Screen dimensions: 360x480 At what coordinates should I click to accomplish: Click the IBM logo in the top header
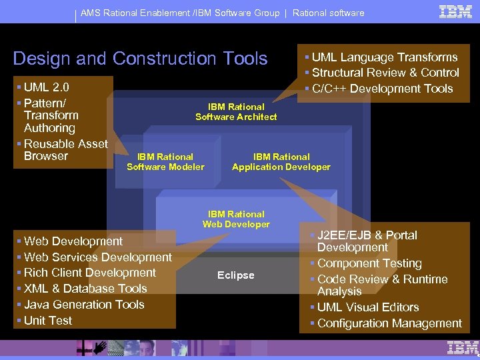click(456, 11)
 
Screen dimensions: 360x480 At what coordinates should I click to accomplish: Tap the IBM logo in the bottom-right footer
click(463, 348)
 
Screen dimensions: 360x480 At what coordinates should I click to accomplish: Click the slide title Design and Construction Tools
click(140, 59)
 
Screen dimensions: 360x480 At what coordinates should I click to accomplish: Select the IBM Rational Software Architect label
click(236, 112)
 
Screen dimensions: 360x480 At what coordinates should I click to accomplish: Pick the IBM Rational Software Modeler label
click(165, 162)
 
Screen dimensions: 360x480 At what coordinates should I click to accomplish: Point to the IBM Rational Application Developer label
click(281, 162)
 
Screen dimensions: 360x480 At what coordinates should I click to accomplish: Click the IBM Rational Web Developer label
click(236, 219)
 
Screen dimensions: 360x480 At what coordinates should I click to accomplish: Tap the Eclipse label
click(235, 275)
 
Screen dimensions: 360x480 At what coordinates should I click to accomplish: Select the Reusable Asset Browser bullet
click(65, 150)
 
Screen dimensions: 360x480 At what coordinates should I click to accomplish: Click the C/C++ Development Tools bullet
click(382, 89)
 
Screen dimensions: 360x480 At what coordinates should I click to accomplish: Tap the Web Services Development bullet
click(97, 257)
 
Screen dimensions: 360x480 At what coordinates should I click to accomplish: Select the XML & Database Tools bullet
click(85, 289)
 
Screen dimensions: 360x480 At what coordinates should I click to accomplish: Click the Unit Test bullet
click(48, 321)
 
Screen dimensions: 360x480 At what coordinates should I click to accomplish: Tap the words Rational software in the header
click(329, 13)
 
